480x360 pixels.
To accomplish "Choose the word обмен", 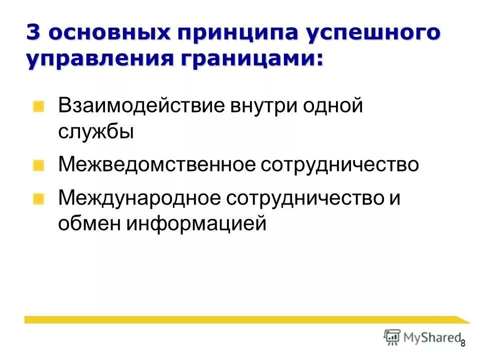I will point(88,223).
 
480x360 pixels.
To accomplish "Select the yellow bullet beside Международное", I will point(39,198).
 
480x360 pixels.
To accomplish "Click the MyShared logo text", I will point(430,337).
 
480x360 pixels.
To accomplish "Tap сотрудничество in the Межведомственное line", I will point(339,164).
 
